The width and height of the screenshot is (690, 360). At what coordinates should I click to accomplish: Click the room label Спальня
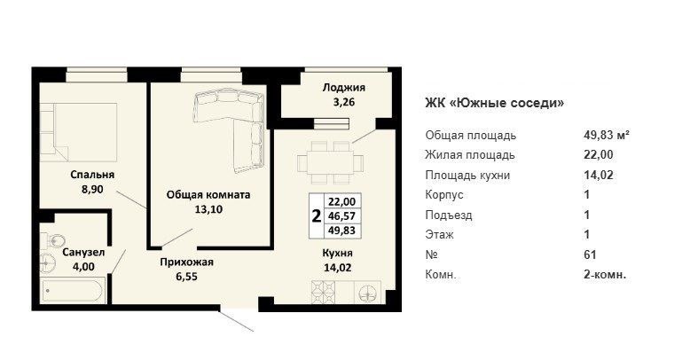click(x=92, y=175)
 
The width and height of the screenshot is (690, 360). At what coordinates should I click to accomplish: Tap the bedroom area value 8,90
click(x=92, y=189)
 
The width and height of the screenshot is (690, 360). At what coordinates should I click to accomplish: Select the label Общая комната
click(x=208, y=194)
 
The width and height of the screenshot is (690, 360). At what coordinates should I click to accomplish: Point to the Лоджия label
click(x=344, y=88)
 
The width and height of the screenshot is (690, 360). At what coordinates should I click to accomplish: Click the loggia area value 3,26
click(x=344, y=102)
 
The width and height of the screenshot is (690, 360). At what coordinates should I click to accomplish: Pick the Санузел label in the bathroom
click(x=83, y=253)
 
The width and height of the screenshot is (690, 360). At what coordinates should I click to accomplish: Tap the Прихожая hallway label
click(x=186, y=262)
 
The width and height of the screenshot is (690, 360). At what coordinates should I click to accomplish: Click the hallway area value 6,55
click(x=186, y=277)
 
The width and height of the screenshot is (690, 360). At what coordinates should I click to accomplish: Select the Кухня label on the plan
click(x=338, y=253)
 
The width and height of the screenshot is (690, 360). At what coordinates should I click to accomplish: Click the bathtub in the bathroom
click(x=73, y=291)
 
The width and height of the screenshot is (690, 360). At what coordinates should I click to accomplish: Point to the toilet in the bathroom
click(x=54, y=240)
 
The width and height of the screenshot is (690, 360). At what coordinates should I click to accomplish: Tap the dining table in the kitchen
click(x=331, y=162)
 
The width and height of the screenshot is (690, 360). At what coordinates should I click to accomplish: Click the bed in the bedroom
click(x=78, y=132)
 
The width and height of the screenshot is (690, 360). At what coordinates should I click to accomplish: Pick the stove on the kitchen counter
click(x=324, y=293)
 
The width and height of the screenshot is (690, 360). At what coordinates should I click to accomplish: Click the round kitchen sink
click(x=368, y=293)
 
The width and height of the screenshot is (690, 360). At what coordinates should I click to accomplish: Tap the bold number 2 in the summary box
click(x=316, y=216)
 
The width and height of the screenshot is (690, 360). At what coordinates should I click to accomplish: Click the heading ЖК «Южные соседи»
click(x=495, y=104)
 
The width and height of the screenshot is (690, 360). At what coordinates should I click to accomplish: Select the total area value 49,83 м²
click(x=607, y=135)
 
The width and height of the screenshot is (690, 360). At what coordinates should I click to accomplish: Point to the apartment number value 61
click(x=590, y=254)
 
